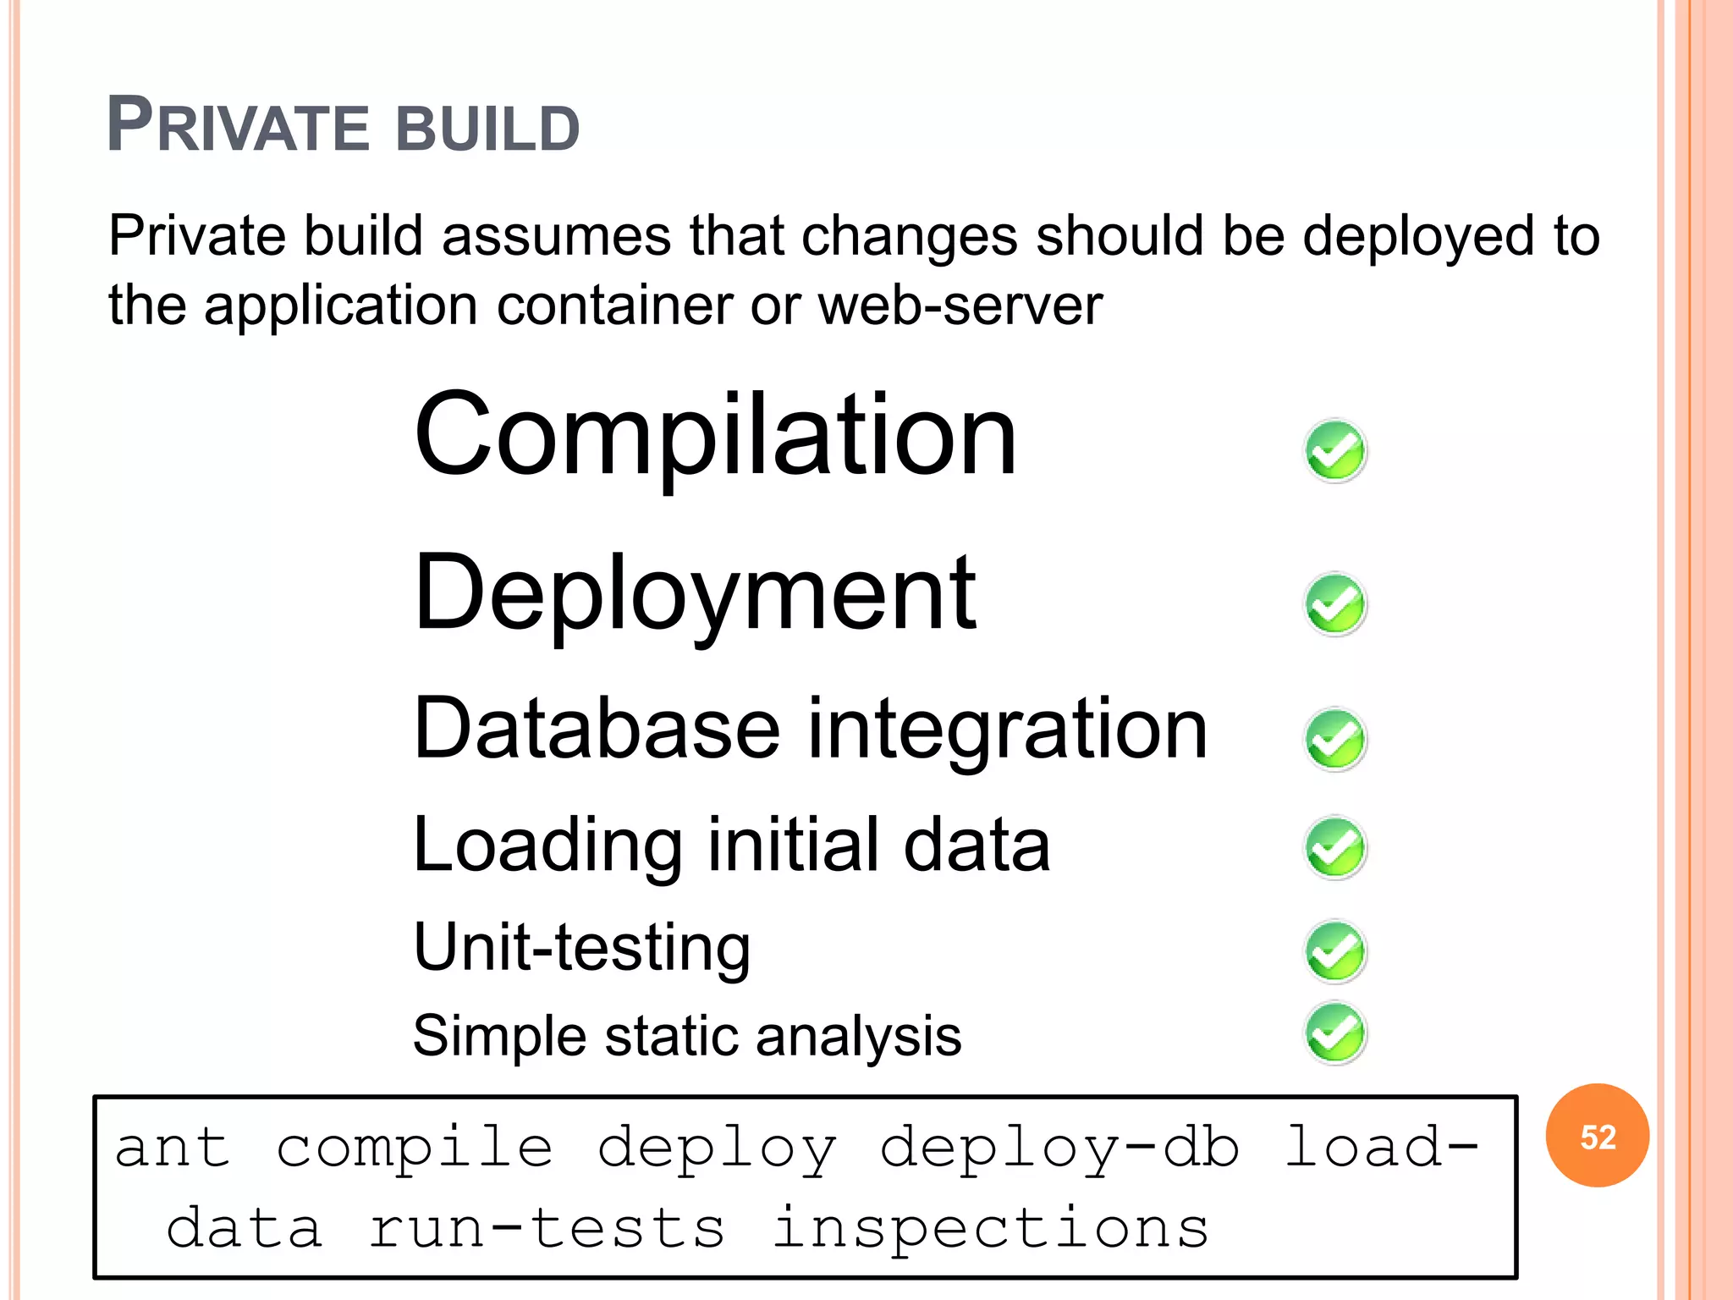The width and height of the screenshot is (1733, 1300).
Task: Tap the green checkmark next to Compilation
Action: point(1335,451)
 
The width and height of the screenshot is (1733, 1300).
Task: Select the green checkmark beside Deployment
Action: point(1335,604)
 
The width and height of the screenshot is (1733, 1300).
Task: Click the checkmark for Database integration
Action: point(1335,739)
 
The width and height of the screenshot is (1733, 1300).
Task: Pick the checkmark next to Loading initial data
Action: point(1335,847)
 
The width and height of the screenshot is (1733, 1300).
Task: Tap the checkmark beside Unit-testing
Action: point(1335,951)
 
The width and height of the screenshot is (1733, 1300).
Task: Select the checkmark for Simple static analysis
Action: point(1335,1033)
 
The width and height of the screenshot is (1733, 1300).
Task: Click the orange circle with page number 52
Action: point(1597,1136)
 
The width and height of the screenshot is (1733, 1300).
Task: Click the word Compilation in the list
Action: point(715,438)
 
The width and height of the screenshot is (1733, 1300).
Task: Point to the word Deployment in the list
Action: point(695,594)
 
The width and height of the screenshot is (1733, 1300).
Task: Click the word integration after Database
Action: point(1007,730)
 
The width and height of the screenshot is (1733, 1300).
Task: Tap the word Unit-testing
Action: point(582,948)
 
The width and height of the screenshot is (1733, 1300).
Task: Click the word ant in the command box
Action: point(173,1149)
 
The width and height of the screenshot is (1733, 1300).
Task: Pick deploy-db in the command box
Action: point(1059,1149)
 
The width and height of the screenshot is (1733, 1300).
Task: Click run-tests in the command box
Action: point(547,1229)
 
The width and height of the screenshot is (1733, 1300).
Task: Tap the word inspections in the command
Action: point(990,1229)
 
